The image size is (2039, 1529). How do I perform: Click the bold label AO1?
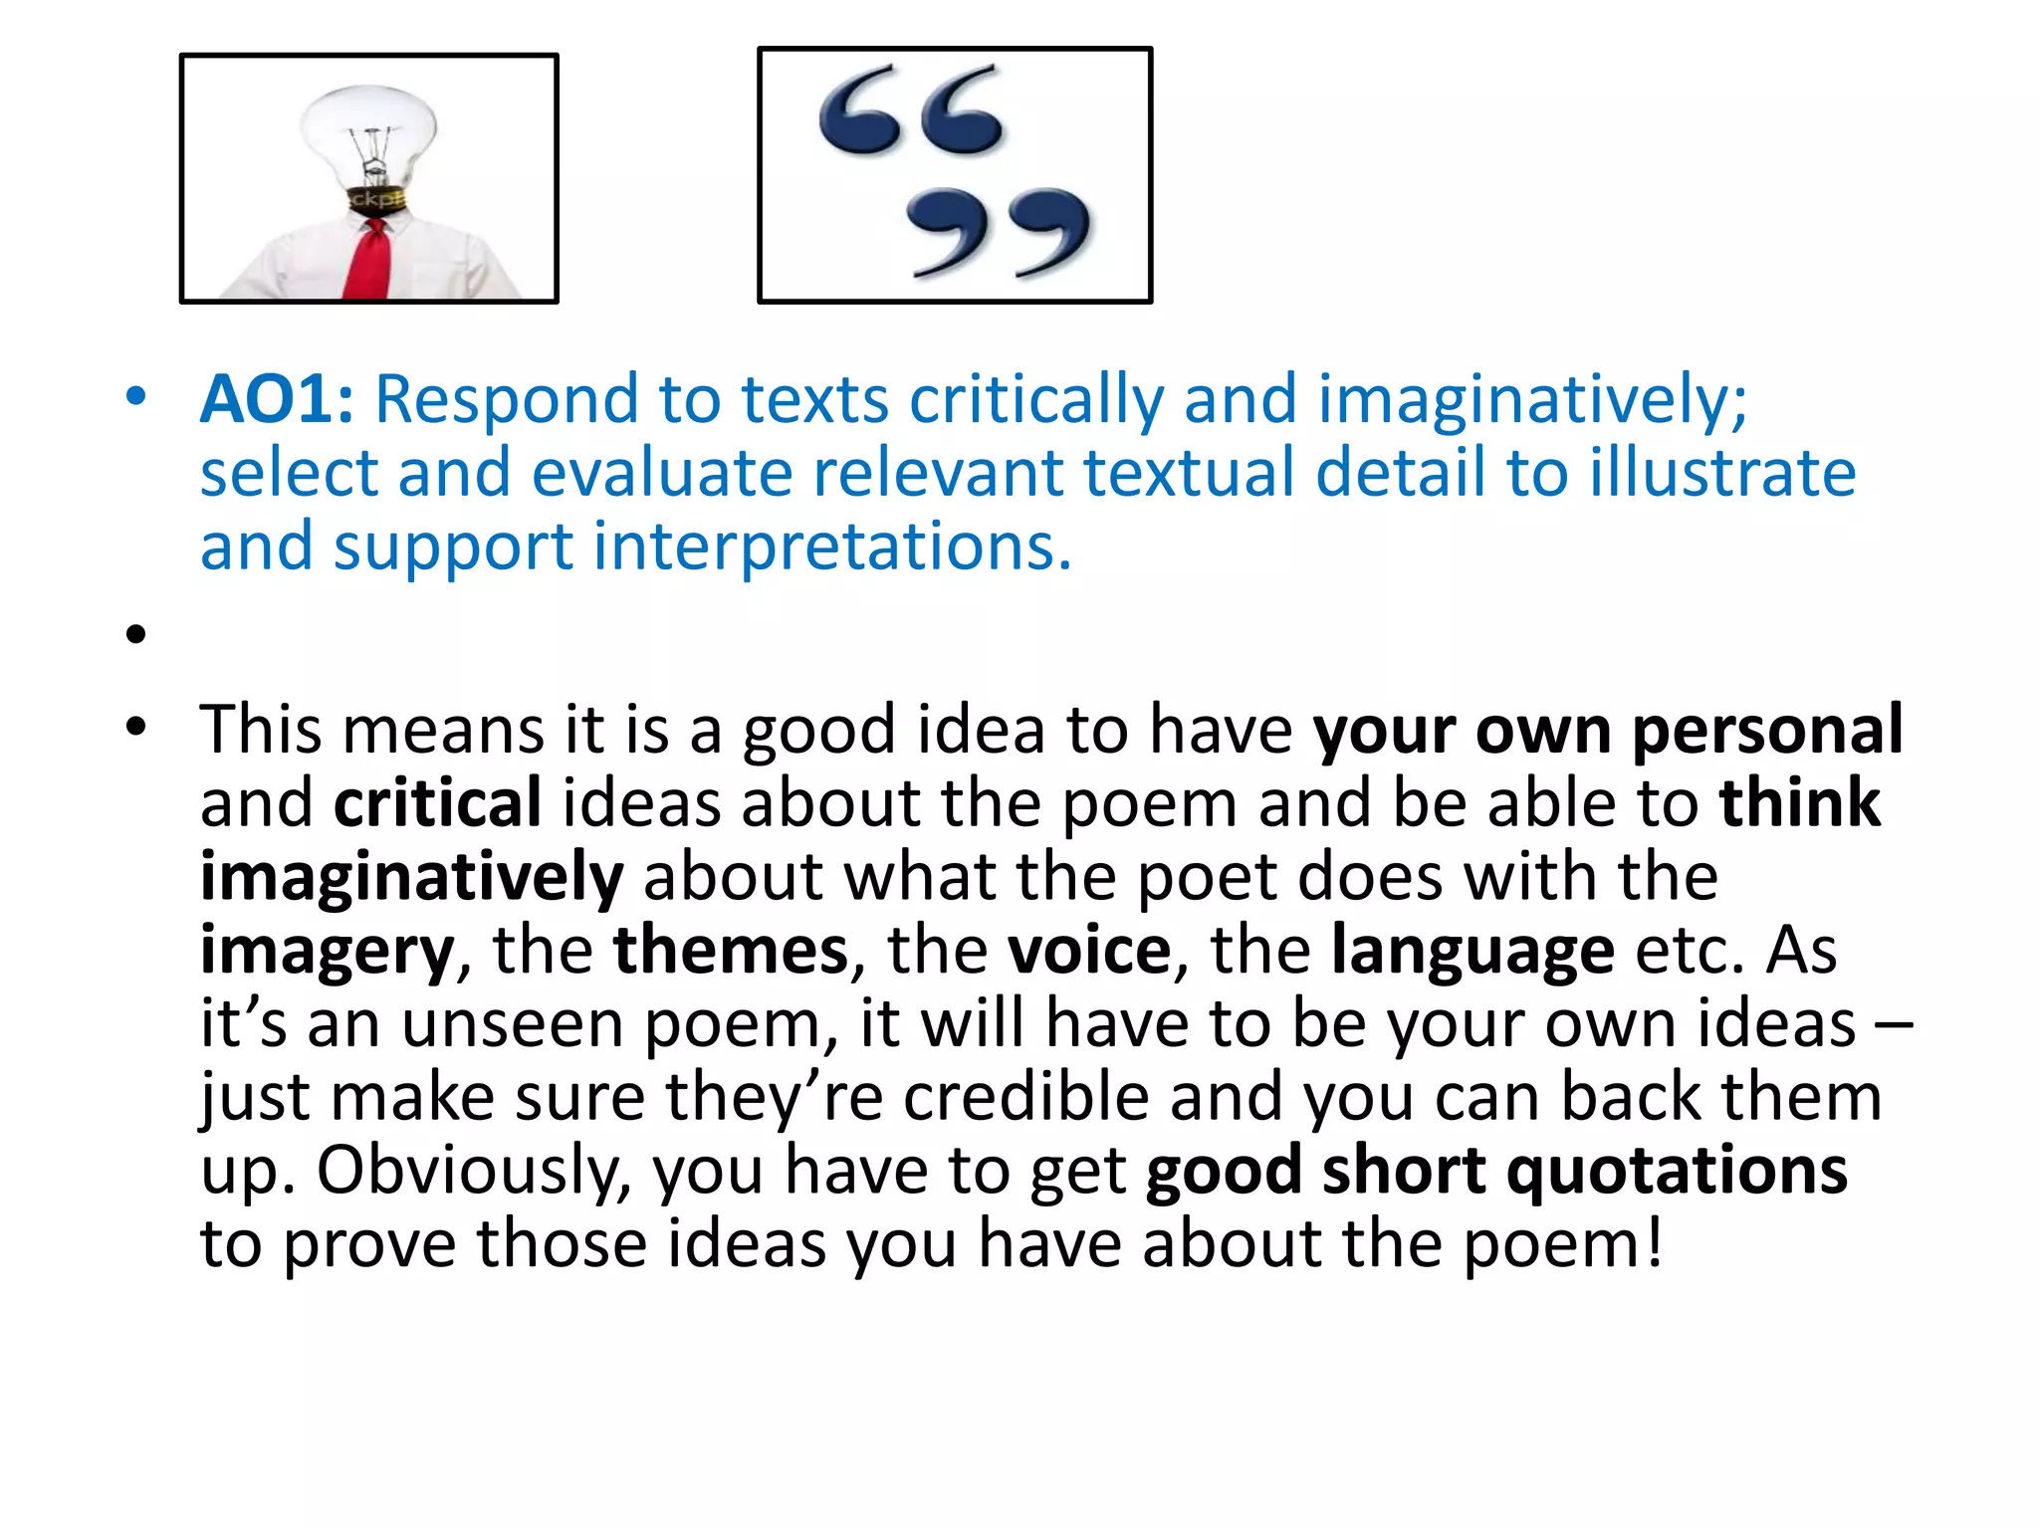click(276, 400)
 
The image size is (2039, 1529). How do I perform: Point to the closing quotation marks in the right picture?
click(998, 231)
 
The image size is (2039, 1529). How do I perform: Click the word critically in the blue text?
click(1035, 400)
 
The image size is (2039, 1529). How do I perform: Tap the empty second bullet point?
click(136, 634)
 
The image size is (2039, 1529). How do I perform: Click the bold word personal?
click(1767, 731)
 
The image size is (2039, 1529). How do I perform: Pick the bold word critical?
click(437, 804)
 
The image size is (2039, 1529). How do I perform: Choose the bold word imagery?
click(327, 952)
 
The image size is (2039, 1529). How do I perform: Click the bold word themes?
click(730, 952)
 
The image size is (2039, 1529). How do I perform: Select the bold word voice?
click(1089, 952)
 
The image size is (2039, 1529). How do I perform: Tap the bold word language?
click(1473, 952)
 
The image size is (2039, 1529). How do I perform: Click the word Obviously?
click(474, 1172)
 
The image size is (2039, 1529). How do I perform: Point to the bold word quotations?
click(1677, 1172)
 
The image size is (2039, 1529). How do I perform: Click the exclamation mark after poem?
click(1654, 1245)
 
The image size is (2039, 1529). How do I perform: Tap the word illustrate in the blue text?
click(1722, 474)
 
